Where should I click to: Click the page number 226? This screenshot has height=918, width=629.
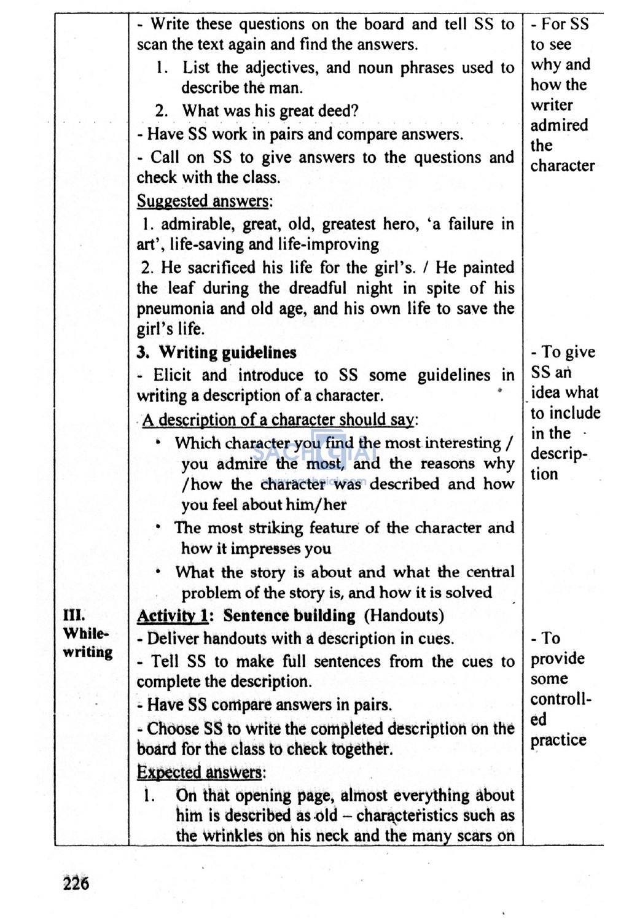pyautogui.click(x=76, y=883)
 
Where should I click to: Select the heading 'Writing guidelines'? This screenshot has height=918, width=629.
pyautogui.click(x=227, y=352)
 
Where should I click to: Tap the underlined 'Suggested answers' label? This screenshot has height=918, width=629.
pyautogui.click(x=202, y=201)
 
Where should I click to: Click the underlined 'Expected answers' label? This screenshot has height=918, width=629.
pyautogui.click(x=200, y=772)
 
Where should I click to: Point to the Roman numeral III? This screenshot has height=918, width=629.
pyautogui.click(x=74, y=615)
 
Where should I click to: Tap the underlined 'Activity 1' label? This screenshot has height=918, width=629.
pyautogui.click(x=173, y=615)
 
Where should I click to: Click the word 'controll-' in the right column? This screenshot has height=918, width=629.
pyautogui.click(x=561, y=699)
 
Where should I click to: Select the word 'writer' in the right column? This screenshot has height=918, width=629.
pyautogui.click(x=552, y=105)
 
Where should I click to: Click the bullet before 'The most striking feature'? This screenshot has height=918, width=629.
pyautogui.click(x=158, y=527)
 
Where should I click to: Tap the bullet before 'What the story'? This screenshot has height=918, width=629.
pyautogui.click(x=158, y=572)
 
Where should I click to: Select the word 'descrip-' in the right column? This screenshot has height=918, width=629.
pyautogui.click(x=559, y=454)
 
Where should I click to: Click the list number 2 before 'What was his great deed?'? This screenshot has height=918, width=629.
pyautogui.click(x=161, y=111)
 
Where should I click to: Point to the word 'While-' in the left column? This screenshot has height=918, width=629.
pyautogui.click(x=85, y=633)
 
